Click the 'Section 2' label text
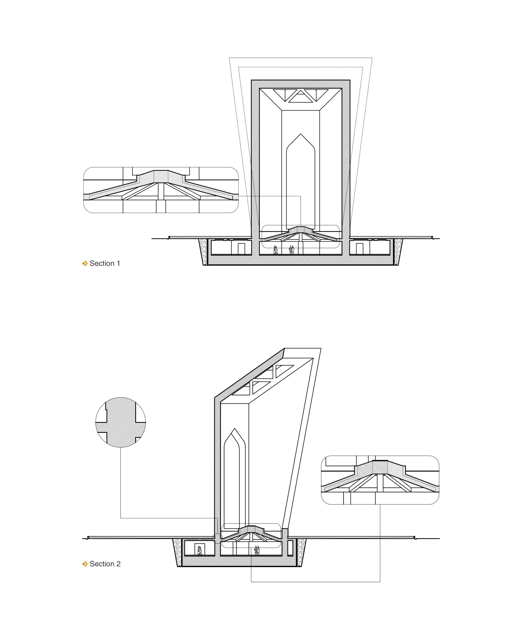tap(105, 563)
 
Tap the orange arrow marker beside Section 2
tap(85, 563)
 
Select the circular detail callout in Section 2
tap(121, 422)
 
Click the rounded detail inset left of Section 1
tap(161, 190)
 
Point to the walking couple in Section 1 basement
tap(275, 250)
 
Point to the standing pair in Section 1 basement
tap(292, 250)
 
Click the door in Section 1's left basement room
tap(242, 249)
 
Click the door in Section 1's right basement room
tap(360, 249)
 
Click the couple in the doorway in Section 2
tap(200, 550)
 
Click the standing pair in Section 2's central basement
tap(257, 550)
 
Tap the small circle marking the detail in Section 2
tap(217, 538)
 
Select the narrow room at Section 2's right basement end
tap(290, 548)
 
